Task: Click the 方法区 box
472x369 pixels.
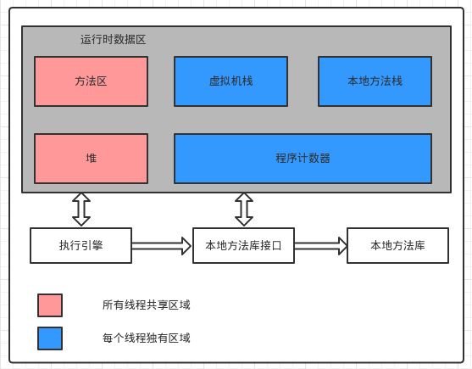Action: (91, 81)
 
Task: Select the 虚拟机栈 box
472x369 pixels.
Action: (230, 81)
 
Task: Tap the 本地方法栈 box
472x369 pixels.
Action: (375, 81)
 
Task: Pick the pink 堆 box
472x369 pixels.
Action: (91, 159)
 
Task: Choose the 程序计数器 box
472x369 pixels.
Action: (303, 159)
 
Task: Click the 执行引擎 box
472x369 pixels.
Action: (81, 245)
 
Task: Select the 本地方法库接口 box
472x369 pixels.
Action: (243, 245)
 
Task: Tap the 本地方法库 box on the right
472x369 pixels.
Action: (397, 245)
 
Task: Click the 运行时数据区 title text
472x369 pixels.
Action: (114, 40)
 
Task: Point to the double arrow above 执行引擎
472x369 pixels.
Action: (81, 210)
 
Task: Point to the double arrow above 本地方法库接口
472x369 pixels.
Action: (244, 210)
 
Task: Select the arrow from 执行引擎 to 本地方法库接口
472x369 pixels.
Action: (162, 246)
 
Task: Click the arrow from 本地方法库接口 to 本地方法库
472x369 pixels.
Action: (321, 246)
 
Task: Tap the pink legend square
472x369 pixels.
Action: (50, 305)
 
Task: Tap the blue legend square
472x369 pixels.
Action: (50, 338)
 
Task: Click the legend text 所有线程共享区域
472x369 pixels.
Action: (147, 305)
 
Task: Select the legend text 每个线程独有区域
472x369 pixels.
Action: (147, 338)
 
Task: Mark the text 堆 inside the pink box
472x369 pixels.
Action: (92, 158)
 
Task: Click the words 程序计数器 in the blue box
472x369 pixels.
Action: (303, 158)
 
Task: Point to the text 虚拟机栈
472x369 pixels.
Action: (230, 81)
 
